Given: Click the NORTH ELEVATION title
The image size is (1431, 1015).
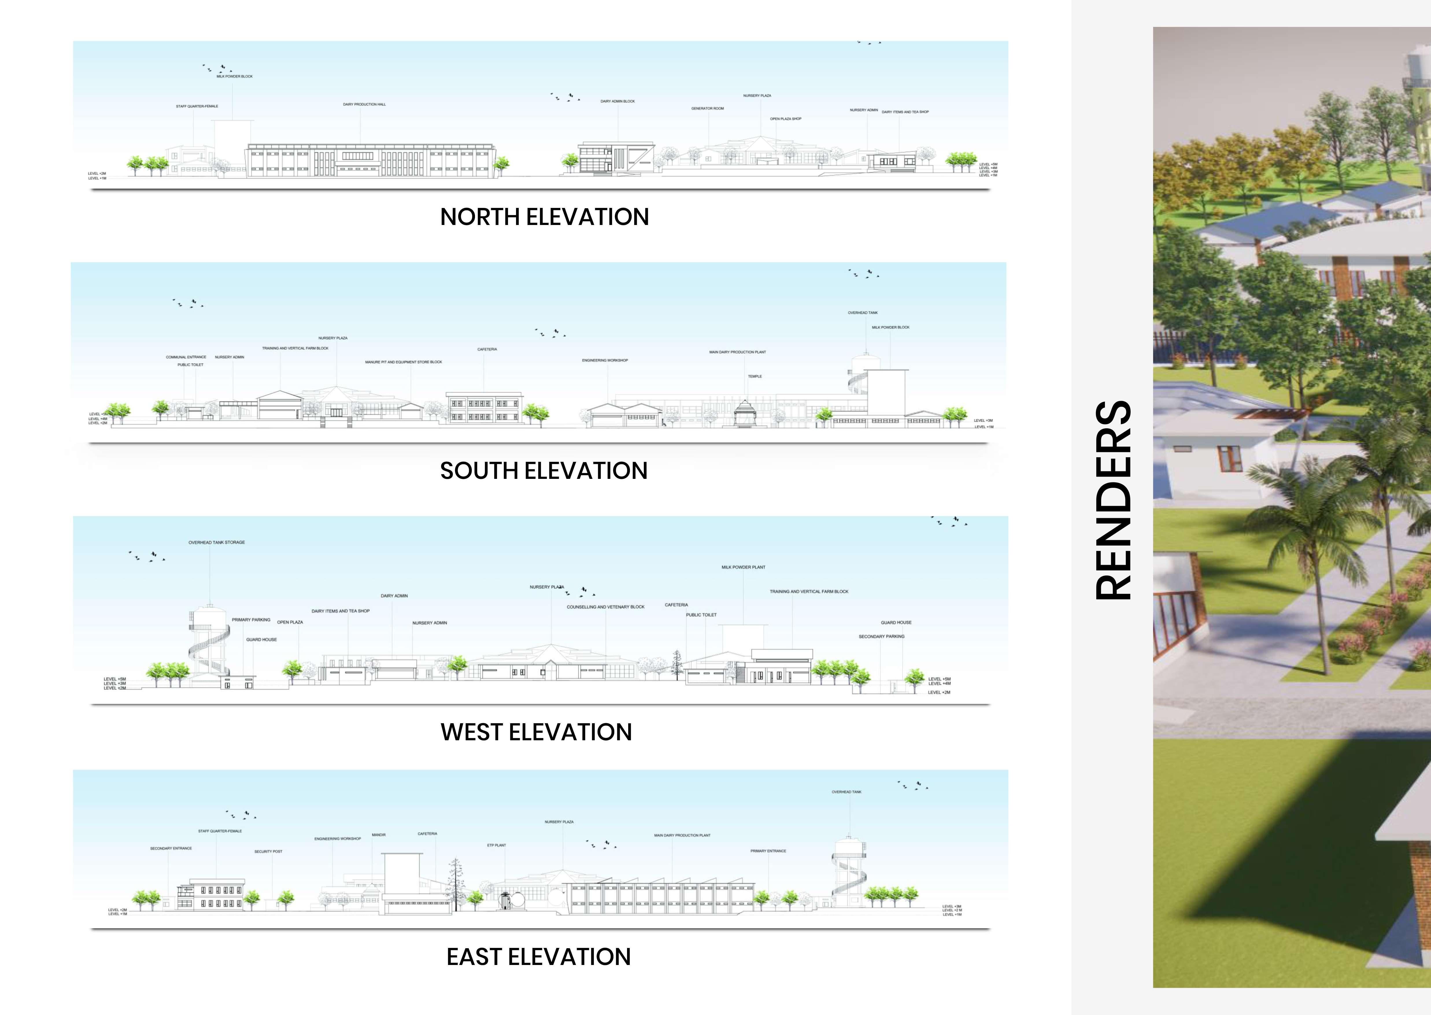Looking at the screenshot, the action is (x=544, y=217).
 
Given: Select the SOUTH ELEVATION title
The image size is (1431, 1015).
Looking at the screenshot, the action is (x=544, y=470).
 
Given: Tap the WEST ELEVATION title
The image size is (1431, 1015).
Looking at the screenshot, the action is (x=536, y=732).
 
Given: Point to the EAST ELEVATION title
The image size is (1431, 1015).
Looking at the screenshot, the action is (x=539, y=957).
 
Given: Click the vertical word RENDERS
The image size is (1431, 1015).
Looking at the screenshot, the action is (x=1114, y=500).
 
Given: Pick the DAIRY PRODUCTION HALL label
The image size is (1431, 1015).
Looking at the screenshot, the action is (x=364, y=104).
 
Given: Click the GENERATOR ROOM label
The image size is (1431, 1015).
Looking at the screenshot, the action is (x=707, y=109).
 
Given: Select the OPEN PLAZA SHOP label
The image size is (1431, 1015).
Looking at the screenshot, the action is (x=785, y=119).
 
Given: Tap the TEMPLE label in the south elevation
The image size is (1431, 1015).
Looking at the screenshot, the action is (x=755, y=376).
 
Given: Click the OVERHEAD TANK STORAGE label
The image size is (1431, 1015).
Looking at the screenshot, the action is (x=217, y=542).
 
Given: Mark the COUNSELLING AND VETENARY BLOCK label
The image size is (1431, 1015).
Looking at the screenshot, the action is (x=606, y=607).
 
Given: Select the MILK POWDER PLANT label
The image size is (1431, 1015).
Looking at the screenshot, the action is (x=743, y=567).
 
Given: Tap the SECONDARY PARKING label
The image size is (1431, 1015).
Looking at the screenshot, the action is (x=881, y=636).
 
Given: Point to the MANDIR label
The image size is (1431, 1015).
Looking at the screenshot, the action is (x=379, y=835).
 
